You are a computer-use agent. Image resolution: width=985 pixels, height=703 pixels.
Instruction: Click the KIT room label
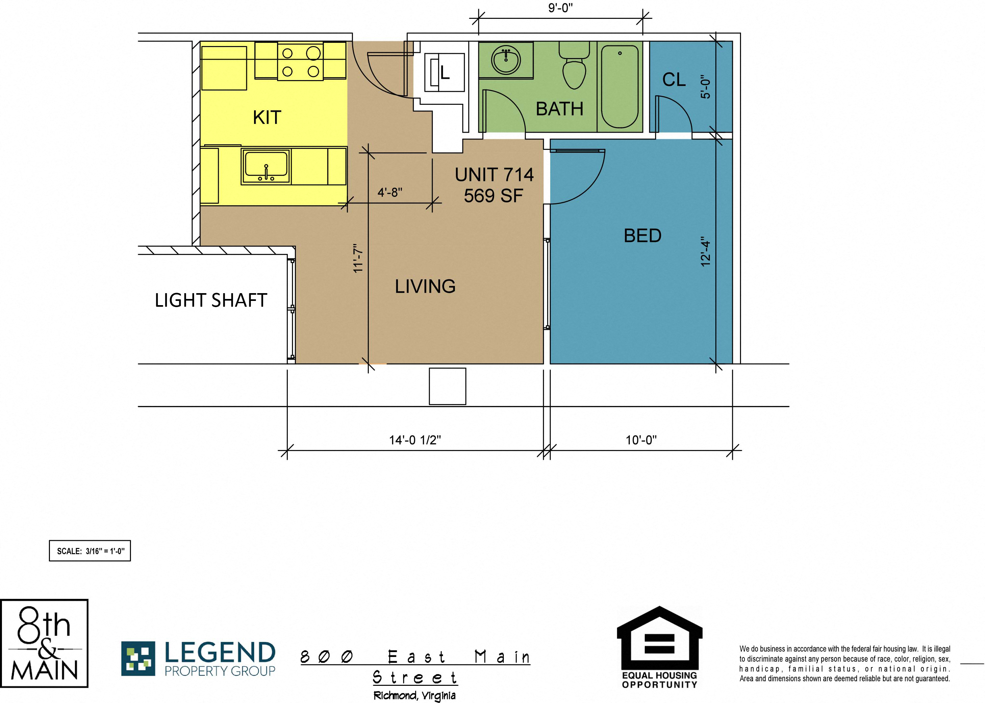(x=267, y=117)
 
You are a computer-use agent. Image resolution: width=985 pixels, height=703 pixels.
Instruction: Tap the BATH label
(x=559, y=109)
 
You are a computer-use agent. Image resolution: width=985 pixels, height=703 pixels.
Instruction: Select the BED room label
(x=643, y=235)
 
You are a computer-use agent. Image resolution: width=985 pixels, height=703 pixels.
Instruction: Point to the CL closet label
(x=674, y=80)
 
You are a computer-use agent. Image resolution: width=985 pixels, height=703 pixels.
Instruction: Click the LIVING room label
(x=425, y=286)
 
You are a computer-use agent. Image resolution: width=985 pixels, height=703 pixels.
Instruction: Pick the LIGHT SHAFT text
(x=211, y=300)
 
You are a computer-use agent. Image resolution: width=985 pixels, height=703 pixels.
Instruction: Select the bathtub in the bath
(x=620, y=87)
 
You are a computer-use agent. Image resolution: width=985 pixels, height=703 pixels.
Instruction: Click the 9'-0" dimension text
(x=561, y=8)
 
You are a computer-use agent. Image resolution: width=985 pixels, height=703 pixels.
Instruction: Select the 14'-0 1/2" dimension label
(x=415, y=440)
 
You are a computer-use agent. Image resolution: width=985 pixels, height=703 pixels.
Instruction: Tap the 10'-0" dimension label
(x=641, y=440)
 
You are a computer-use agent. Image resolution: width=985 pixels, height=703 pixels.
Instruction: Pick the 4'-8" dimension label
(x=390, y=192)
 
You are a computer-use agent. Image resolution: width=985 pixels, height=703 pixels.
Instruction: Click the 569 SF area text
(x=493, y=196)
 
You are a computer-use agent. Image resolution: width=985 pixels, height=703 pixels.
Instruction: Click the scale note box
(x=90, y=551)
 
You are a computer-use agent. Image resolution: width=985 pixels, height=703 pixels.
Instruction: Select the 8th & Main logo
(x=44, y=643)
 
